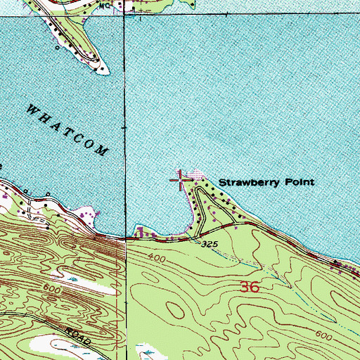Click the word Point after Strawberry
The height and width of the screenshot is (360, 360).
[x=298, y=182]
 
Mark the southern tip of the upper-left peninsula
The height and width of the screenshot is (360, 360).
[x=104, y=72]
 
